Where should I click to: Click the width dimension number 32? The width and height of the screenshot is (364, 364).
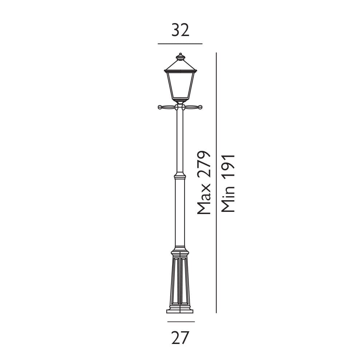pyautogui.click(x=181, y=31)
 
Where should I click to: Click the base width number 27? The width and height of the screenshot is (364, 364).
pyautogui.click(x=181, y=338)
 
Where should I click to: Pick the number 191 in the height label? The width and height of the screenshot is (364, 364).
pyautogui.click(x=228, y=171)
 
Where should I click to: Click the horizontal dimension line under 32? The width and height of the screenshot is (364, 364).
pyautogui.click(x=180, y=44)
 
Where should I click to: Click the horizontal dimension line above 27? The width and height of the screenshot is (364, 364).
pyautogui.click(x=181, y=322)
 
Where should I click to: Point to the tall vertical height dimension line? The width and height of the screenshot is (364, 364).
pyautogui.click(x=216, y=182)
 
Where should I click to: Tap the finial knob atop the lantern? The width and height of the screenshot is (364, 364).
pyautogui.click(x=180, y=56)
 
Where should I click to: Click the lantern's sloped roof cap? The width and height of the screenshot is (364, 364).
pyautogui.click(x=180, y=66)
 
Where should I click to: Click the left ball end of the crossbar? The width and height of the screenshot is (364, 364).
pyautogui.click(x=160, y=107)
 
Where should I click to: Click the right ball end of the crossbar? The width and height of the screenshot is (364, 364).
pyautogui.click(x=200, y=107)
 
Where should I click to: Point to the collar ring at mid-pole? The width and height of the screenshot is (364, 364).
pyautogui.click(x=180, y=176)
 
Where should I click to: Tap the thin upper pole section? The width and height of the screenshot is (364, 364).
pyautogui.click(x=180, y=142)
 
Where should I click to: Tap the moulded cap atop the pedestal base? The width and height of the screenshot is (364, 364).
pyautogui.click(x=180, y=253)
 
